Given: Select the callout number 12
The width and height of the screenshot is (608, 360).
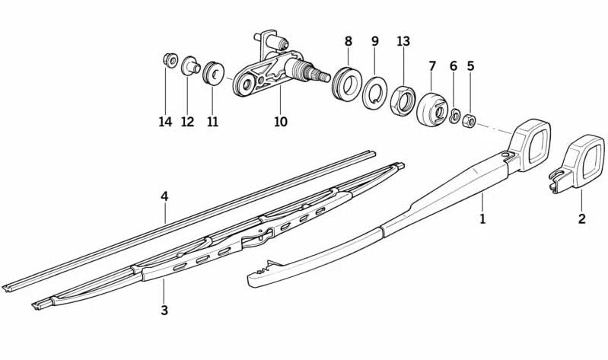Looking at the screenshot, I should pyautogui.click(x=187, y=122).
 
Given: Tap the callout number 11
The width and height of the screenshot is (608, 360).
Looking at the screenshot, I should pyautogui.click(x=212, y=122).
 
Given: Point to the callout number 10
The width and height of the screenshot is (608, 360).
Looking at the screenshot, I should pyautogui.click(x=281, y=122).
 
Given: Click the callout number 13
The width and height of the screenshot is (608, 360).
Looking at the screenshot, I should pyautogui.click(x=403, y=40).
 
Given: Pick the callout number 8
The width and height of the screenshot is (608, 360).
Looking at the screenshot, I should pyautogui.click(x=349, y=40).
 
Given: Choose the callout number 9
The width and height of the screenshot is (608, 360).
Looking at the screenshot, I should pyautogui.click(x=374, y=40).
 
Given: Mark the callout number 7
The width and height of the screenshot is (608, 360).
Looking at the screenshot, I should pyautogui.click(x=432, y=66).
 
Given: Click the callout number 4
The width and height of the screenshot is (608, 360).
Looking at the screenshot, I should pyautogui.click(x=164, y=196).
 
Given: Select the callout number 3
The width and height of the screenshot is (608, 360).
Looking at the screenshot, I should pyautogui.click(x=164, y=310).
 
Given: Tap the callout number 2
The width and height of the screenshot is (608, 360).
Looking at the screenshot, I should pyautogui.click(x=581, y=220).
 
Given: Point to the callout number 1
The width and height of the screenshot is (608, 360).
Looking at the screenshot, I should pyautogui.click(x=482, y=220).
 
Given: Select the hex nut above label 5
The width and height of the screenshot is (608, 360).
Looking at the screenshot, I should pyautogui.click(x=470, y=119).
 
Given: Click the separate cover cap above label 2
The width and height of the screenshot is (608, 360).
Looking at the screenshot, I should pyautogui.click(x=577, y=162).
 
